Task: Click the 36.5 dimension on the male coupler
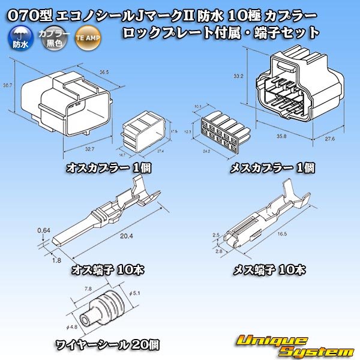click(x=104, y=72)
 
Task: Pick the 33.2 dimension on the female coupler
click(x=238, y=76)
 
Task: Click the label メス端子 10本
click(x=269, y=269)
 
